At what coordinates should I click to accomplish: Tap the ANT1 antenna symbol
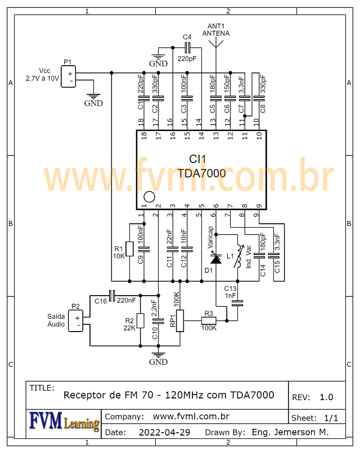point(216,47)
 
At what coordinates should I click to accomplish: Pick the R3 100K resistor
point(209,320)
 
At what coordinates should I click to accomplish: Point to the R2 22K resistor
point(141,321)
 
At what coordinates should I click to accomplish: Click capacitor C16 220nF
point(111,295)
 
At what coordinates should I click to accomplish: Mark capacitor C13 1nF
point(238,302)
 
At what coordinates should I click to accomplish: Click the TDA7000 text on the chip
point(201,174)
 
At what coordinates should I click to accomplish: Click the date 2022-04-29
point(164,433)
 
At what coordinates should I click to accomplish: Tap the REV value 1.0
point(326,397)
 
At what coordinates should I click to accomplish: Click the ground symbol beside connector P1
point(93,97)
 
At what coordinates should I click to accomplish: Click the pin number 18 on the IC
point(143,121)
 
